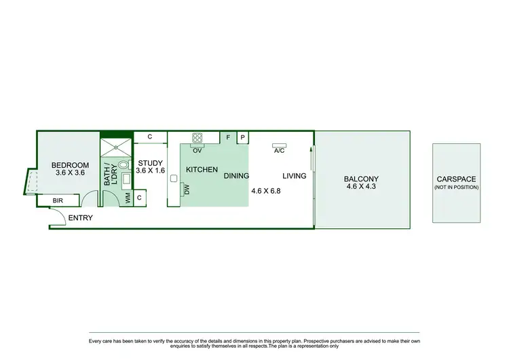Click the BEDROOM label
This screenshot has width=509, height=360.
[x=71, y=165]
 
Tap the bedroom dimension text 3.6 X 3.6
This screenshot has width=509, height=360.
[x=71, y=173]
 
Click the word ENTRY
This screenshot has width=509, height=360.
[x=80, y=218]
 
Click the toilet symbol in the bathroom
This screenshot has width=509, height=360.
[x=123, y=164]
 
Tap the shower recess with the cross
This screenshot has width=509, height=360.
[x=117, y=147]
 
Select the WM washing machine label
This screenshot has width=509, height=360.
[x=127, y=198]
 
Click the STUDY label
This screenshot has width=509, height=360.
[x=150, y=163]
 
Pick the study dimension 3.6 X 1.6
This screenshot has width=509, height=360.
[x=150, y=171]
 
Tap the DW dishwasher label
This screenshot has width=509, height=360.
[x=187, y=190]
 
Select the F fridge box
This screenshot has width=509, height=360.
[x=229, y=137]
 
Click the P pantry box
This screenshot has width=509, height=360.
[x=242, y=137]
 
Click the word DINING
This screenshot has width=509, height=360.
[x=236, y=175]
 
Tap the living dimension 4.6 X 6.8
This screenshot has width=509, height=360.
[x=265, y=191]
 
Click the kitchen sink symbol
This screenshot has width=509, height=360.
[x=174, y=179]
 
